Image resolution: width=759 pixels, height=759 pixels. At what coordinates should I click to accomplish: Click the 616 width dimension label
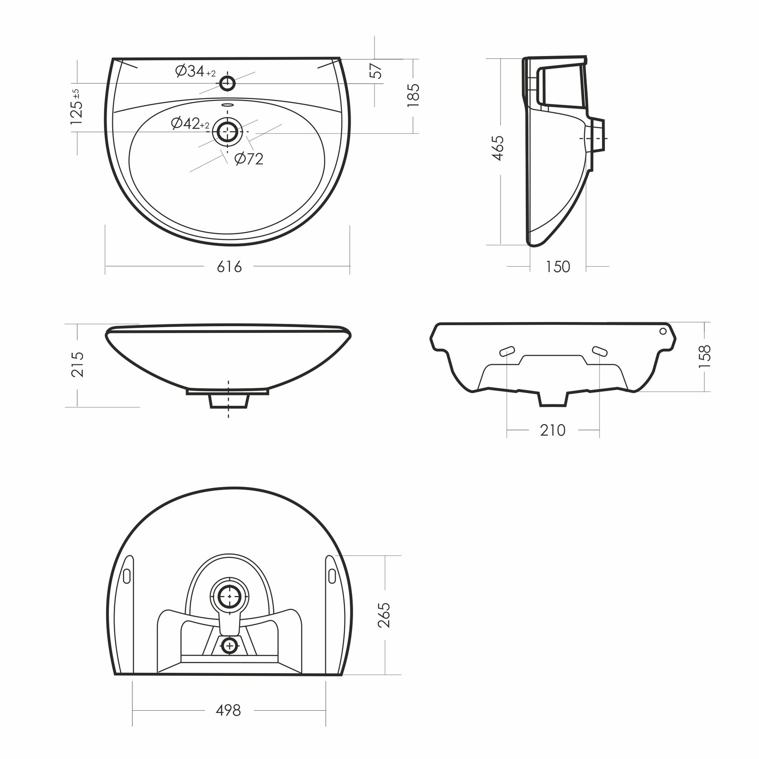coord(230,267)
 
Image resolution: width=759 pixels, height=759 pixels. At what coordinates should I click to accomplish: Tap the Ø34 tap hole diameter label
coord(196,71)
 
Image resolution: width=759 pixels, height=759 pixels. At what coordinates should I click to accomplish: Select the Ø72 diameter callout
coord(249,159)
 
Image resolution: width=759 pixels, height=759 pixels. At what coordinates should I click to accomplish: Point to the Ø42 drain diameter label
coord(190,123)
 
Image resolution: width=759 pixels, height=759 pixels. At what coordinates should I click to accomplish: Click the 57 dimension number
coord(376,70)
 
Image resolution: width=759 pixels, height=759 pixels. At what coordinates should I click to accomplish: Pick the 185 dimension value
coord(413,95)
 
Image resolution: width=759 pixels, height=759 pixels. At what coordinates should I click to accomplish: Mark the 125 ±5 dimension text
coord(76,107)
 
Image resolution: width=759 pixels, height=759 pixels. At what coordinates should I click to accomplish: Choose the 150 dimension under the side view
coord(558,267)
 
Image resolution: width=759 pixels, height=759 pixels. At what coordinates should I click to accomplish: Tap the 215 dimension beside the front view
coord(78,365)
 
